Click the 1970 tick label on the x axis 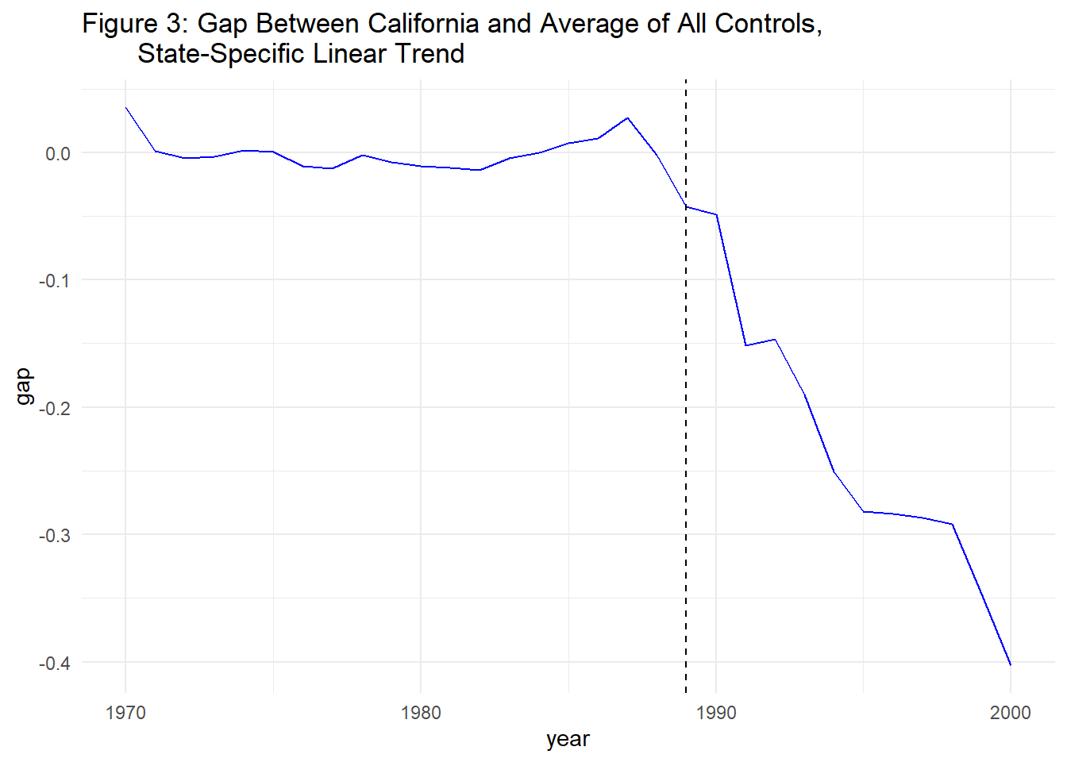pyautogui.click(x=125, y=713)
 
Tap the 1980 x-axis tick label pyautogui.click(x=421, y=713)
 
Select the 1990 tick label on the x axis pyautogui.click(x=716, y=713)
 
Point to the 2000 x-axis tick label pyautogui.click(x=1010, y=713)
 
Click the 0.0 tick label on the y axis pyautogui.click(x=57, y=153)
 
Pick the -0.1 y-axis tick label pyautogui.click(x=54, y=280)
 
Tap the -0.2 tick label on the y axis pyautogui.click(x=54, y=408)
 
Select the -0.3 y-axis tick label pyautogui.click(x=54, y=535)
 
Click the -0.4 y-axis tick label pyautogui.click(x=54, y=663)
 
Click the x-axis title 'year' pyautogui.click(x=568, y=739)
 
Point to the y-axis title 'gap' pyautogui.click(x=23, y=387)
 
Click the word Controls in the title pyautogui.click(x=768, y=24)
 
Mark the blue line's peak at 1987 pyautogui.click(x=628, y=117)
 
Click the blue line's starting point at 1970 pyautogui.click(x=125, y=107)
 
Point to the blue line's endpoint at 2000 pyautogui.click(x=1010, y=664)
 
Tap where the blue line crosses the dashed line pyautogui.click(x=686, y=206)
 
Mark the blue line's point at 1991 pyautogui.click(x=745, y=345)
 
